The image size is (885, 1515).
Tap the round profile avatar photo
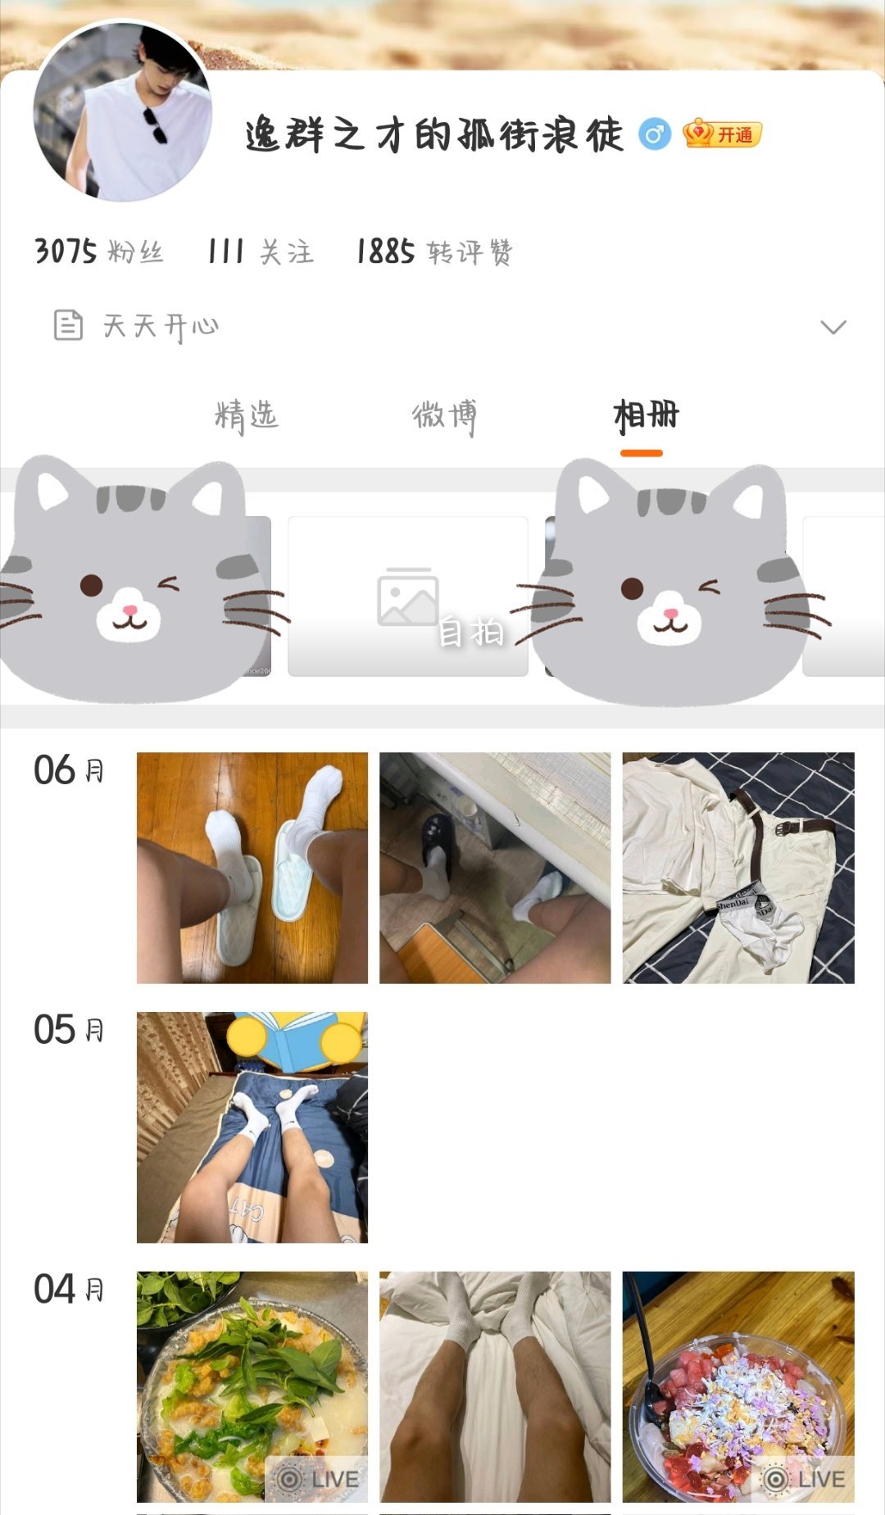pos(122,111)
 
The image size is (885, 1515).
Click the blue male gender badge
pos(654,134)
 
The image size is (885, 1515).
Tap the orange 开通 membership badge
pos(722,134)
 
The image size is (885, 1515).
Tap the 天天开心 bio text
pos(161,326)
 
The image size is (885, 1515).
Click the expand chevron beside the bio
pos(833,327)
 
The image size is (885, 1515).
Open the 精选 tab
pos(246,416)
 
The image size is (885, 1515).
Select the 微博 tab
pos(443,416)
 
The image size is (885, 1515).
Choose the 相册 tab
pos(646,416)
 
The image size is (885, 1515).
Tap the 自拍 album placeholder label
pos(471,633)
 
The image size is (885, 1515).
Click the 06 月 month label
pos(69,770)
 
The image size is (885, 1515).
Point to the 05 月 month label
pos(69,1030)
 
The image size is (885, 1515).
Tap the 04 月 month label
pos(69,1290)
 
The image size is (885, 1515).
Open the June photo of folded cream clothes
pos(738,868)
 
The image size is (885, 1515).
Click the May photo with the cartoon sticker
pos(252,1127)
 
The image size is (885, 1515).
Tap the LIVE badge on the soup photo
pos(318,1479)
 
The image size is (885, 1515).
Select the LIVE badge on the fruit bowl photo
pos(804,1479)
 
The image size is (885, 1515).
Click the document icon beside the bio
pos(68,325)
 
